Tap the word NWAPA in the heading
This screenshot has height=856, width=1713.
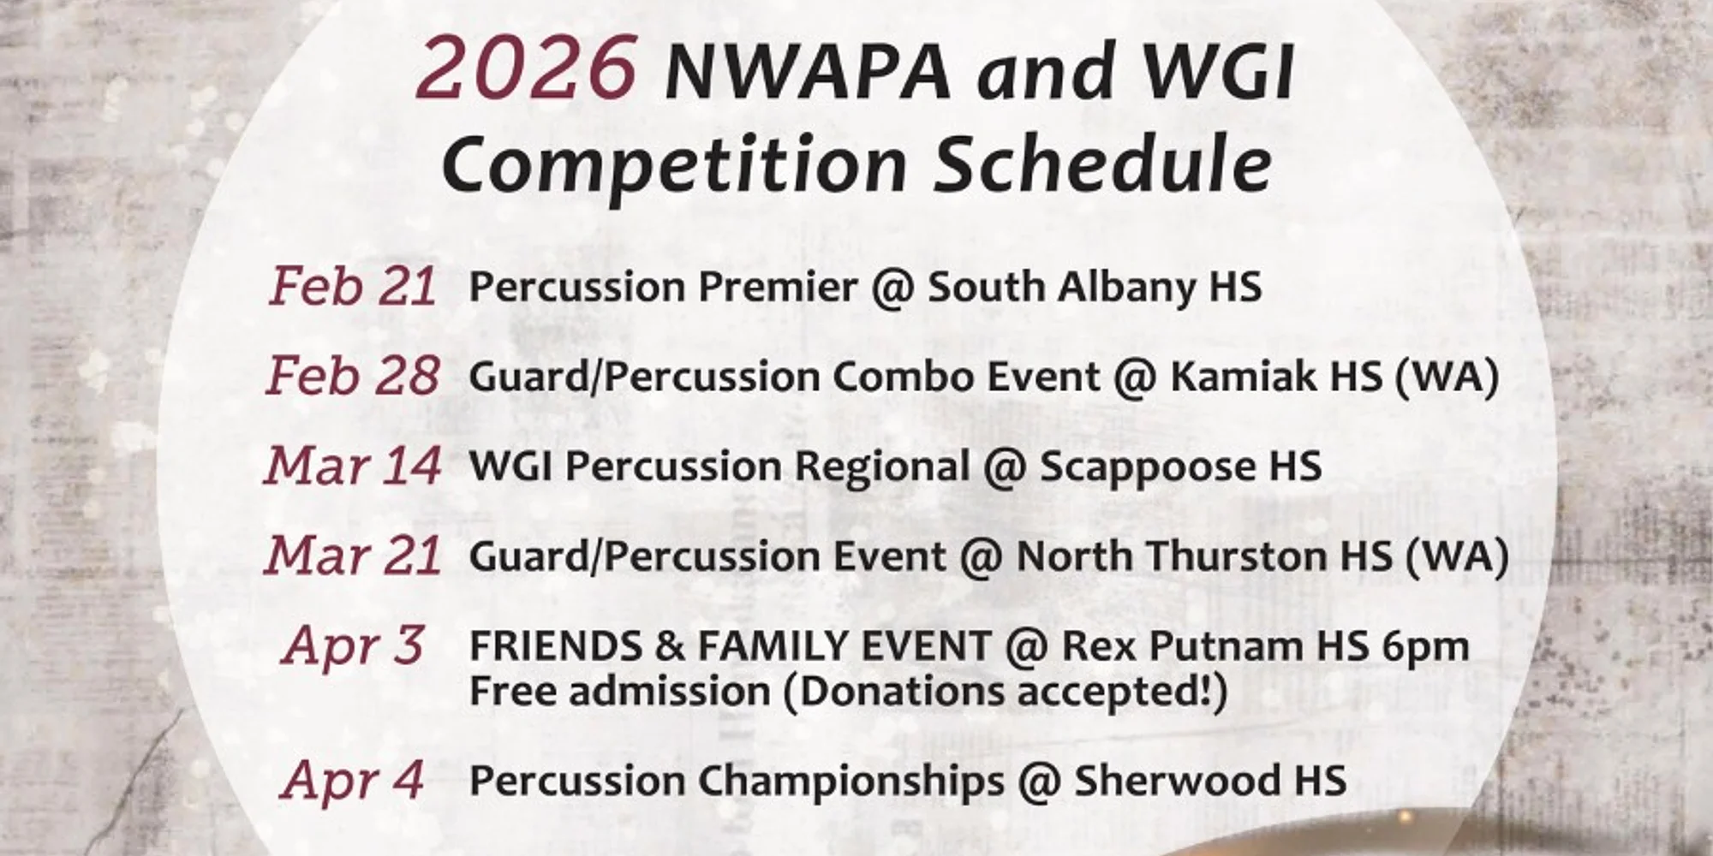(x=807, y=72)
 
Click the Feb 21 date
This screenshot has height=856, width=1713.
(x=353, y=287)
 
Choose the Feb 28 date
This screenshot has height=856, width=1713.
(x=353, y=377)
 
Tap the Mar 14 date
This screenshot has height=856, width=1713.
(x=353, y=467)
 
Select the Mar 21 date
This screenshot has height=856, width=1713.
(x=353, y=556)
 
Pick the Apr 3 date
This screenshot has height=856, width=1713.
(x=353, y=646)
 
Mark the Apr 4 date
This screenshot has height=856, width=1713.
(x=353, y=781)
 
